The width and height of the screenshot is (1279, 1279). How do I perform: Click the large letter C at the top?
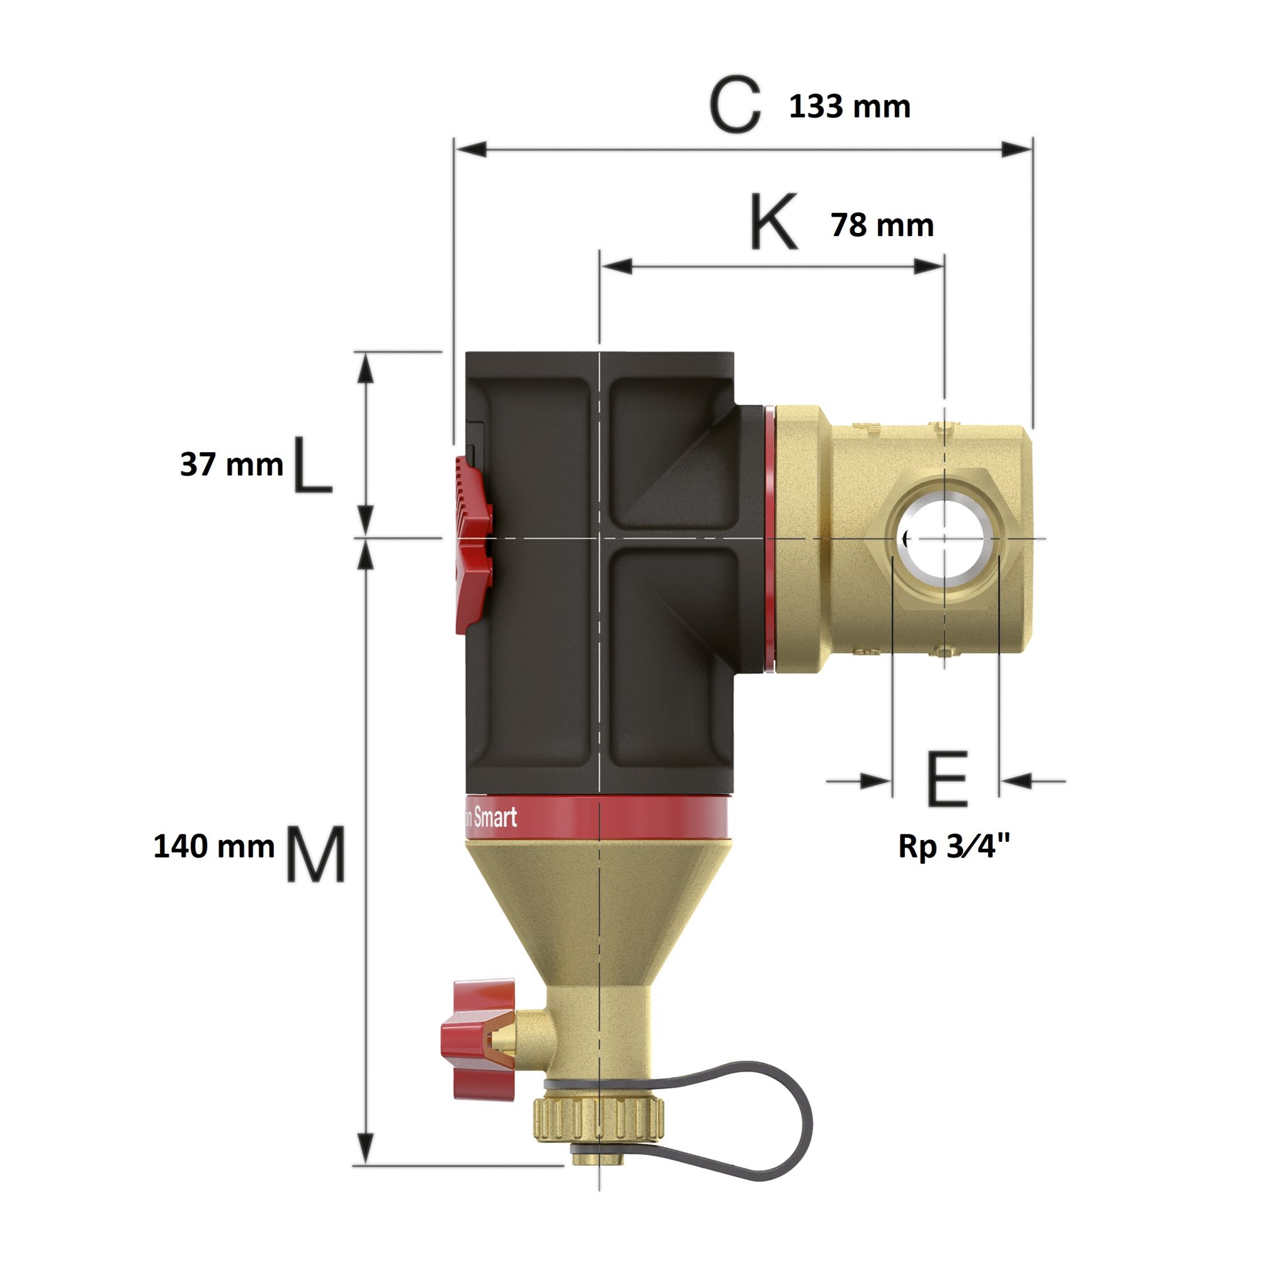point(734,104)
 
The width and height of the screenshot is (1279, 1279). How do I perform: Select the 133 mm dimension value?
point(849,107)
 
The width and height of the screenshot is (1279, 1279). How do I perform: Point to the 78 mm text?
point(882,225)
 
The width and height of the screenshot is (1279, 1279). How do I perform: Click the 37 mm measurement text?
point(231,465)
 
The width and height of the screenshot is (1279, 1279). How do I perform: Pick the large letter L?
point(311,465)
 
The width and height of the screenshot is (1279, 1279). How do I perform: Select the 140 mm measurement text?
point(213,847)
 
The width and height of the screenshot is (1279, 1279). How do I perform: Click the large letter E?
point(947,779)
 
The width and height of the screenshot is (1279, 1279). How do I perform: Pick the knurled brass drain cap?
point(599,1118)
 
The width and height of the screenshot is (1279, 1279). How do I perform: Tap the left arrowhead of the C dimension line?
point(470,149)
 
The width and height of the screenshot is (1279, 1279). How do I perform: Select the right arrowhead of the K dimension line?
point(929,266)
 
